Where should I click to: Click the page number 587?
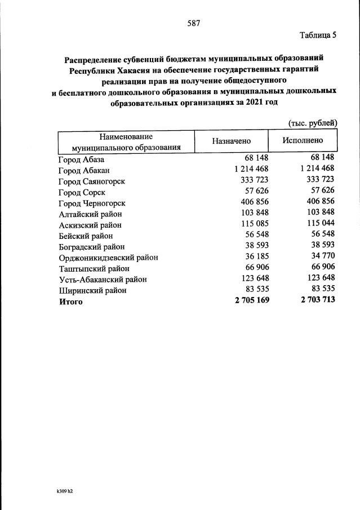click(x=194, y=23)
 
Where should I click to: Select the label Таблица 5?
click(x=318, y=36)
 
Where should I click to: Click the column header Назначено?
click(x=232, y=142)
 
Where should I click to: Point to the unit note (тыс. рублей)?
click(x=312, y=122)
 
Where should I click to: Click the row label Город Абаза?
click(x=81, y=159)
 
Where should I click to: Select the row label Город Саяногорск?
click(x=91, y=181)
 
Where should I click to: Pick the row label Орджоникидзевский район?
click(x=108, y=258)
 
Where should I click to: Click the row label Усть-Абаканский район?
click(x=103, y=280)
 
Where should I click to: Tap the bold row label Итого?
click(x=70, y=301)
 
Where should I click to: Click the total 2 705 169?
click(x=252, y=301)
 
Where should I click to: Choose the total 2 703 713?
click(x=318, y=301)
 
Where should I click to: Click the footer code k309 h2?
click(x=61, y=491)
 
